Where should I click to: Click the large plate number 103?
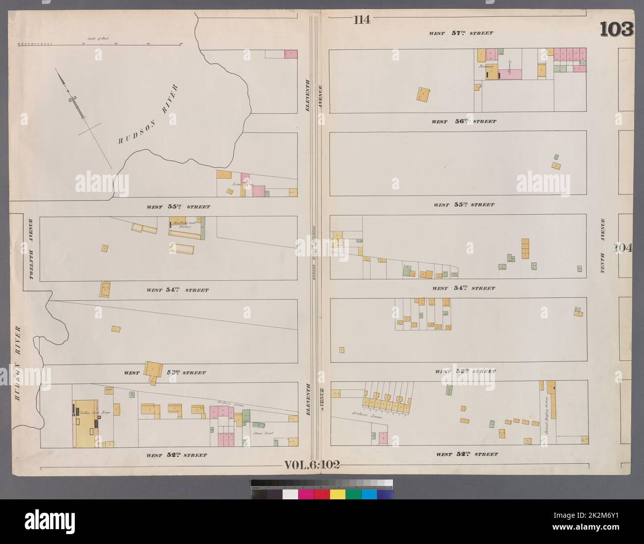click(616, 29)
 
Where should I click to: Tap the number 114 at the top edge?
click(362, 20)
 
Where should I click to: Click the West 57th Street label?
click(461, 33)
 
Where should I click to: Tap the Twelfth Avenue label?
click(30, 249)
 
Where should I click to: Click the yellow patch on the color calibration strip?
click(337, 494)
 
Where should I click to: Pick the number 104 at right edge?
click(624, 247)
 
